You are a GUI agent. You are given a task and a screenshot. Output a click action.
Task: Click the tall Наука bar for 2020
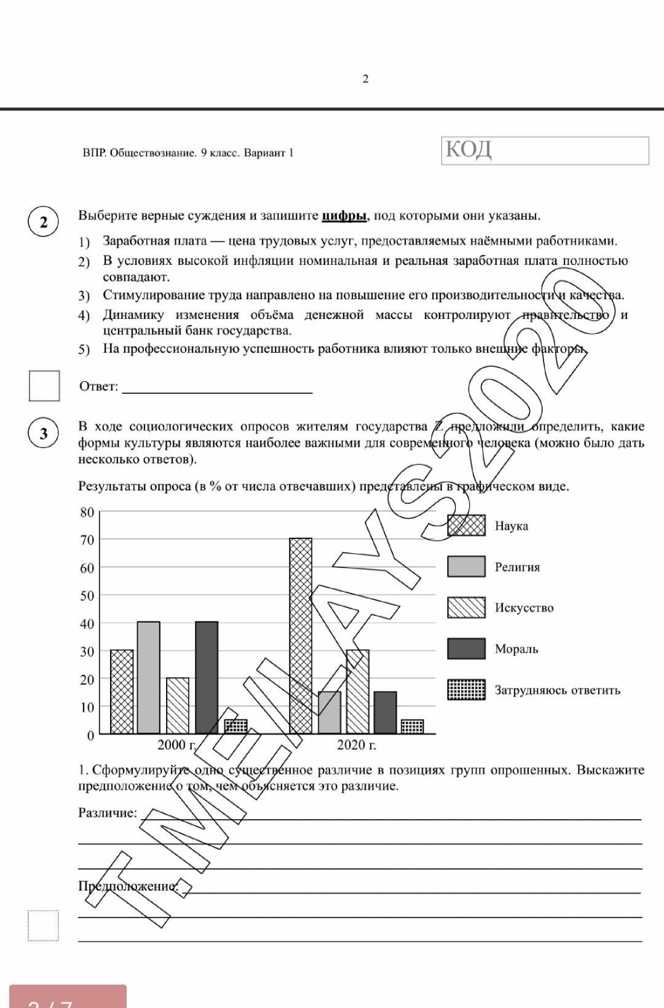[301, 636]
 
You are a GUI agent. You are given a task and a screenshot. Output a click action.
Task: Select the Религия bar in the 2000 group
[148, 677]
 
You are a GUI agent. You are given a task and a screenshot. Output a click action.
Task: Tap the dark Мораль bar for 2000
[207, 677]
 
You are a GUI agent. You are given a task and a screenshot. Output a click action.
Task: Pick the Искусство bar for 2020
[358, 691]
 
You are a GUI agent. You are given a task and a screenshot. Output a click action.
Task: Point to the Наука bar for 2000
[122, 691]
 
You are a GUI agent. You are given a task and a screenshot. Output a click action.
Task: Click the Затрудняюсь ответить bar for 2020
[412, 726]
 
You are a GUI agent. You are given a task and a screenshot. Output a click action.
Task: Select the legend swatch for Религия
[466, 566]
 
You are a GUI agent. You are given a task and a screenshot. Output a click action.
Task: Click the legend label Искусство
[524, 608]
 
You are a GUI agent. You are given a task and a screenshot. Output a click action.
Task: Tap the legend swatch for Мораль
[466, 648]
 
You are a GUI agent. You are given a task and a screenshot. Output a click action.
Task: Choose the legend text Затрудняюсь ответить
[557, 690]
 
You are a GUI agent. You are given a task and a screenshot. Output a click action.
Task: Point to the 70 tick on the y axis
[87, 540]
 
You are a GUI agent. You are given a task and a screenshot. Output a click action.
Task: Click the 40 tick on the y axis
[87, 623]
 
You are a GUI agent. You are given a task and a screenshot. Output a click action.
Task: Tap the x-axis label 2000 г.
[176, 745]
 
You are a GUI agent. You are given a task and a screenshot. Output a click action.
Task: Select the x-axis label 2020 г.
[356, 745]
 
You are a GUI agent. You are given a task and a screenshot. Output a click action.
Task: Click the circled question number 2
[43, 222]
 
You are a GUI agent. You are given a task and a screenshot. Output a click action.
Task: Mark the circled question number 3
[43, 433]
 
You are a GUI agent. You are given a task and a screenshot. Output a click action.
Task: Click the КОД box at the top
[545, 151]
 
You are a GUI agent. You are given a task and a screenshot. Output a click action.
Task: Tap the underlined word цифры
[344, 216]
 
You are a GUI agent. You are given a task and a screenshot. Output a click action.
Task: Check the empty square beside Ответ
[44, 386]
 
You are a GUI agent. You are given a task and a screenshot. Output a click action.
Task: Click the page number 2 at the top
[366, 79]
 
